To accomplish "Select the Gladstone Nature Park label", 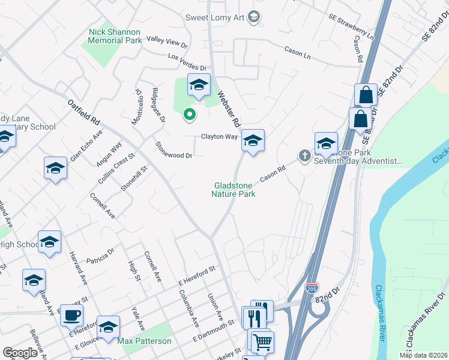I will tap(235, 190).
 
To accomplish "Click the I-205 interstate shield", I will tap(312, 288).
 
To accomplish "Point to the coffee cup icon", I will tap(72, 315).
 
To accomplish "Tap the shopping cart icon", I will tap(262, 342).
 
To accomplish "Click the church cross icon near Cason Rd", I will tap(304, 157).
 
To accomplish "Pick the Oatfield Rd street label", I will tap(84, 112).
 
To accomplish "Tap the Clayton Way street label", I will tap(219, 137).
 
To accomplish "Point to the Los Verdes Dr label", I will tap(187, 62).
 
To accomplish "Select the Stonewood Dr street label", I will tap(173, 150).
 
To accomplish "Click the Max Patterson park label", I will tap(144, 341).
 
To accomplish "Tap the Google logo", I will tap(20, 353).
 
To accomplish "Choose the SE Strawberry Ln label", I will tap(351, 27).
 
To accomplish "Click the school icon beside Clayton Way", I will tap(253, 142).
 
